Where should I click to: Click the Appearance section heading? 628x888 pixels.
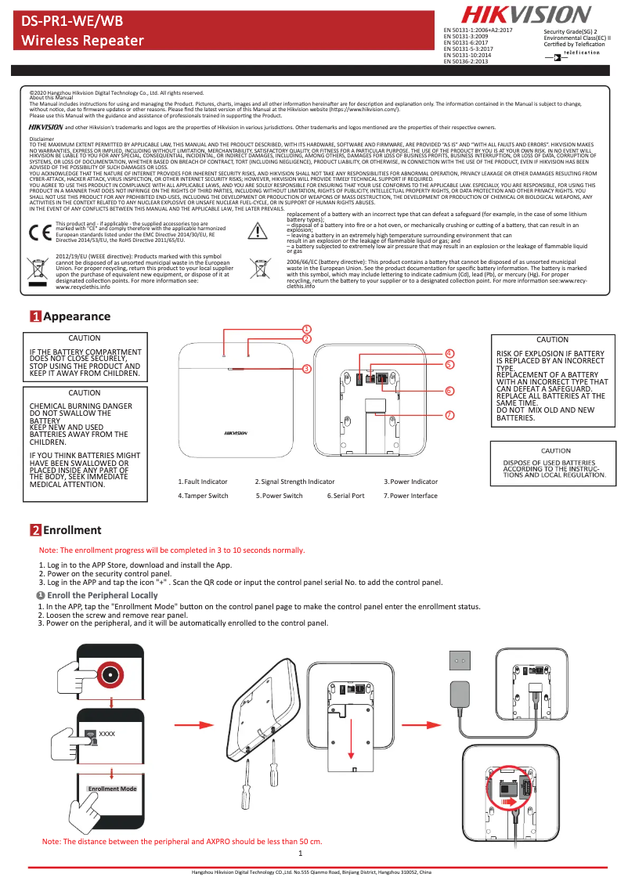pyautogui.click(x=76, y=316)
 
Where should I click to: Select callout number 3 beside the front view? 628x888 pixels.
pyautogui.click(x=307, y=368)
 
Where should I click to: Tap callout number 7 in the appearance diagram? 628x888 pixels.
pyautogui.click(x=449, y=414)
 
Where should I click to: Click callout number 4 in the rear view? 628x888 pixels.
pyautogui.click(x=449, y=354)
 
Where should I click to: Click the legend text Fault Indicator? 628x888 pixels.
pyautogui.click(x=205, y=482)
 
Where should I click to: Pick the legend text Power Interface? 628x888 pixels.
pyautogui.click(x=413, y=496)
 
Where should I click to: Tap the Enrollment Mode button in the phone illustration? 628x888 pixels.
pyautogui.click(x=112, y=789)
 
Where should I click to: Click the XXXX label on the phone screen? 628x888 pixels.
pyautogui.click(x=107, y=733)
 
